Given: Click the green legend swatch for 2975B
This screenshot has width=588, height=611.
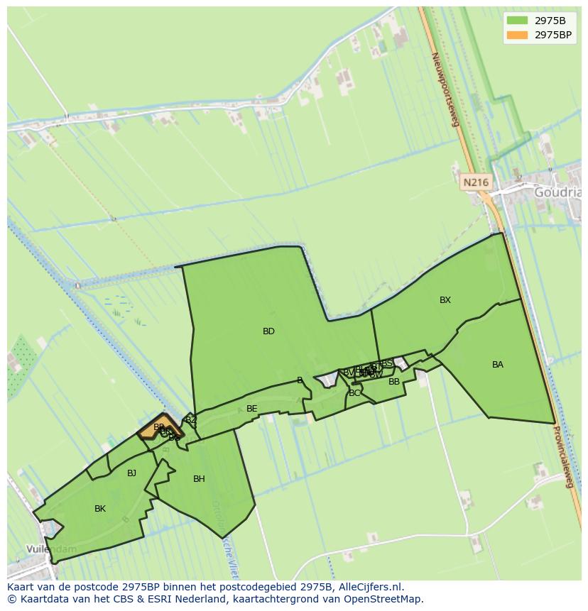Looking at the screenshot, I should pyautogui.click(x=518, y=20).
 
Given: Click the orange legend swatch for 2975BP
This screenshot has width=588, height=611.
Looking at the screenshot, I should pyautogui.click(x=518, y=34).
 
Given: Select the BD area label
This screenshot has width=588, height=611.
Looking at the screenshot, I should pyautogui.click(x=268, y=331).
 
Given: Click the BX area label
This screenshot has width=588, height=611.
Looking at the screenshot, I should pyautogui.click(x=445, y=300).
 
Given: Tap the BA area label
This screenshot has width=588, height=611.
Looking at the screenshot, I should pyautogui.click(x=498, y=365).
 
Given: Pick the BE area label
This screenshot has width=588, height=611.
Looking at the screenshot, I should pyautogui.click(x=251, y=409).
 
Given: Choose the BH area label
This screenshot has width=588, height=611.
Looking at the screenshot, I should pyautogui.click(x=199, y=479).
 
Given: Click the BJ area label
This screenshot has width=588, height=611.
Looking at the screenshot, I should pyautogui.click(x=131, y=473).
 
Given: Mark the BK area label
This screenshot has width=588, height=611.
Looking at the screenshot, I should pyautogui.click(x=100, y=509).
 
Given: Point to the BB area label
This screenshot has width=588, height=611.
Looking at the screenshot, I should pyautogui.click(x=394, y=382).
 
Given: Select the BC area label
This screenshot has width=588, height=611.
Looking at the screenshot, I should pyautogui.click(x=354, y=393).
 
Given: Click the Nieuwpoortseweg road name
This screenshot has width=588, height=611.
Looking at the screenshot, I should pyautogui.click(x=446, y=89).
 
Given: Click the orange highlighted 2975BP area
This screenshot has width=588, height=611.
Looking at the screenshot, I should pyautogui.click(x=151, y=429).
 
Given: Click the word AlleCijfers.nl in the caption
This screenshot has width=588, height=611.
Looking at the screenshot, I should pyautogui.click(x=371, y=587).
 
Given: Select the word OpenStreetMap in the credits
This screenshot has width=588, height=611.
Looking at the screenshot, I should pyautogui.click(x=384, y=599).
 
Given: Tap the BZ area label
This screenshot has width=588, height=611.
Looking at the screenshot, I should pyautogui.click(x=190, y=420).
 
